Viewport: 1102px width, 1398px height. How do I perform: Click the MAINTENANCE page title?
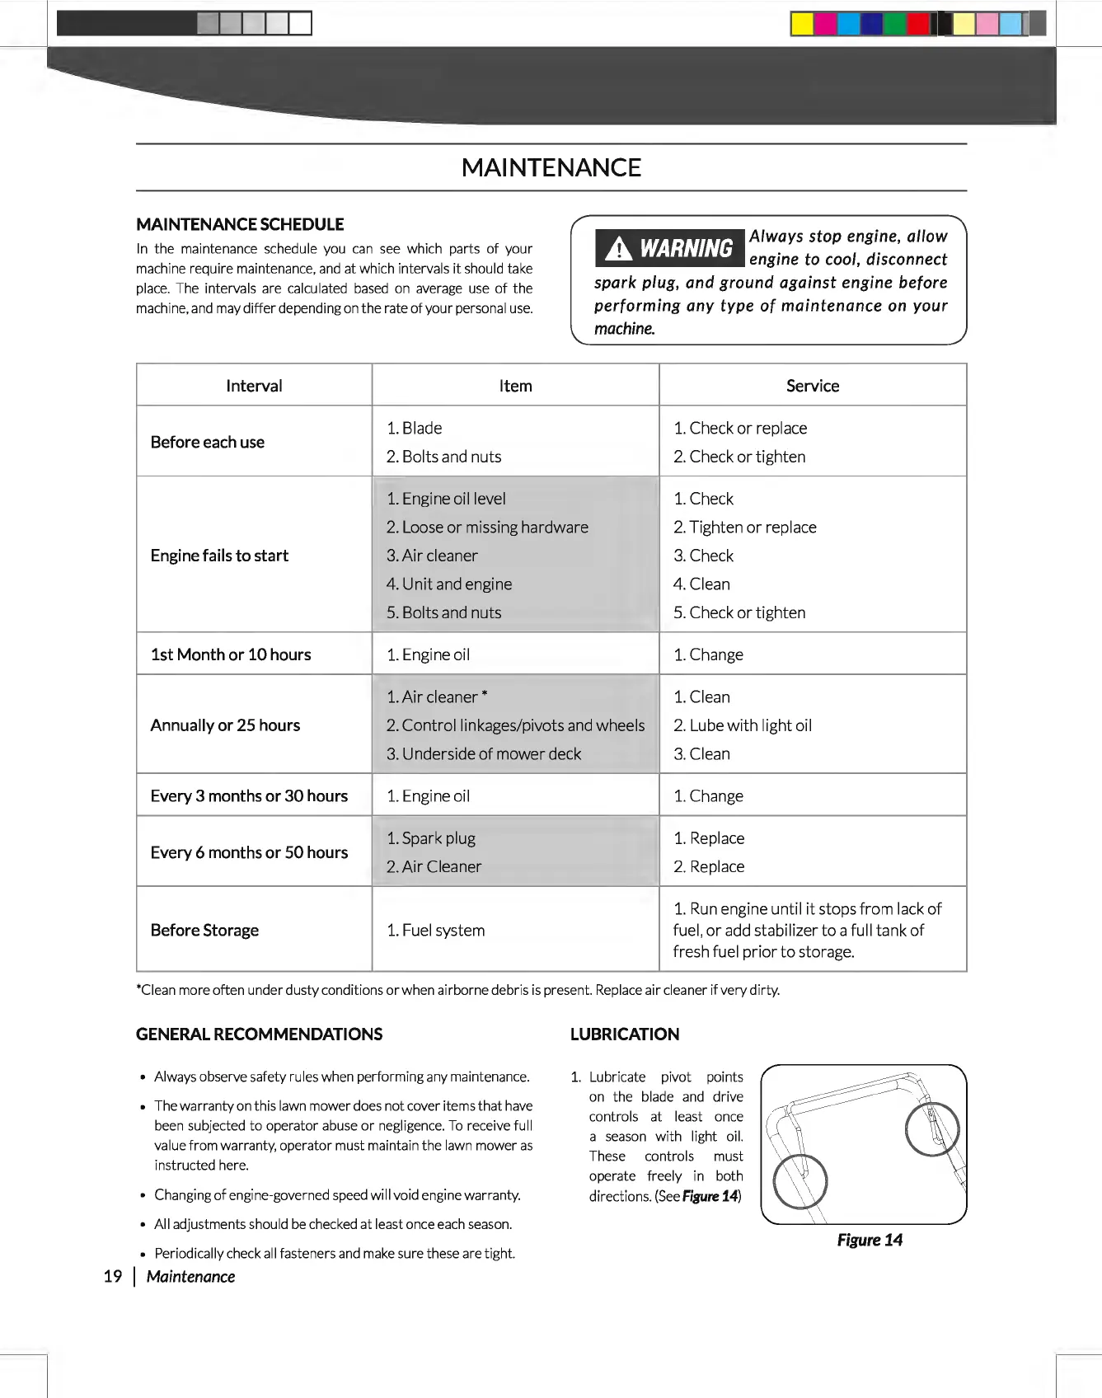[551, 167]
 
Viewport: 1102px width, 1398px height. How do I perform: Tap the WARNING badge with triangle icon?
[669, 248]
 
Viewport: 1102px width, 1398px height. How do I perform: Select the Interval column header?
[254, 386]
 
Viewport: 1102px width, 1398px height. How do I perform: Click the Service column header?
[812, 386]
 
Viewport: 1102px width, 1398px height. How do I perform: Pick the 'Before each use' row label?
[208, 442]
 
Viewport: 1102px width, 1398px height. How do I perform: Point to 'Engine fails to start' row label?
[219, 556]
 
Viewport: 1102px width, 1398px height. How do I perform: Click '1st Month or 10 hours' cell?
[231, 654]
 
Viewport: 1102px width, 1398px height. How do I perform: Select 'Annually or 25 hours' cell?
[225, 725]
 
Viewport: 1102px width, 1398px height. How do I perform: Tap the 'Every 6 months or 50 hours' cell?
[249, 852]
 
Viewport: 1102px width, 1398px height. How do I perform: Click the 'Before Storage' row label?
[204, 930]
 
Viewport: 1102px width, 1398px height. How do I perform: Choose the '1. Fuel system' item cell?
[436, 930]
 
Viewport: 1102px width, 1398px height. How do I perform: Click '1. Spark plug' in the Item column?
[431, 838]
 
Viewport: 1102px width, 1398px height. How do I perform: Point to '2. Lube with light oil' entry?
[743, 725]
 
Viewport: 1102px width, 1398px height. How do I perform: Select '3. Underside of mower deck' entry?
[484, 753]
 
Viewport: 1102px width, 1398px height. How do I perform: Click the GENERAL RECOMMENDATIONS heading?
[259, 1034]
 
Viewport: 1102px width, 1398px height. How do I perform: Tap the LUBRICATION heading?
[625, 1034]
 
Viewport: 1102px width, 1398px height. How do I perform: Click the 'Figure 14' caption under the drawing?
[870, 1240]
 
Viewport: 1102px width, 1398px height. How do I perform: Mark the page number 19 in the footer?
[113, 1277]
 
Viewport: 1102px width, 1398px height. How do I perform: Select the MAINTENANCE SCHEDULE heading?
[240, 224]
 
